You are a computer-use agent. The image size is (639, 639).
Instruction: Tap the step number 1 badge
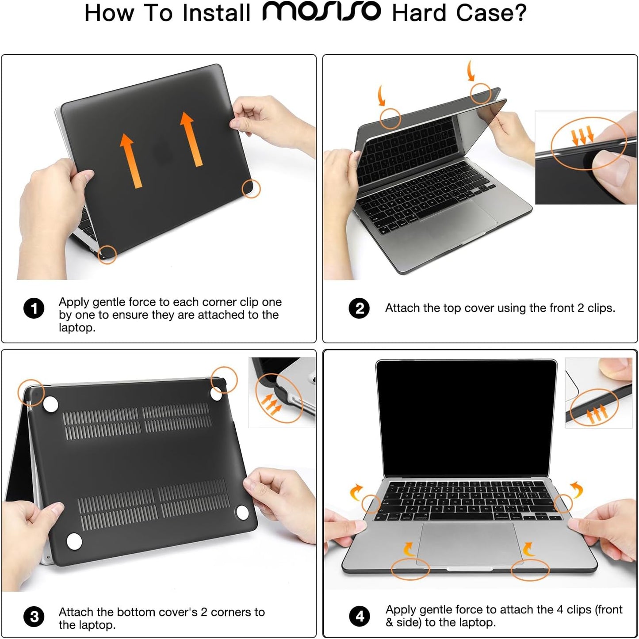point(34,308)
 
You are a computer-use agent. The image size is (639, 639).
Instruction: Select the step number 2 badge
point(360,308)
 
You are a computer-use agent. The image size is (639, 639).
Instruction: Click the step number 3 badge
point(34,617)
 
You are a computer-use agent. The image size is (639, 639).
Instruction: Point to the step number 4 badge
point(360,616)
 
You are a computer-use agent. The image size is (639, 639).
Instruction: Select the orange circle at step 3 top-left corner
point(31,392)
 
